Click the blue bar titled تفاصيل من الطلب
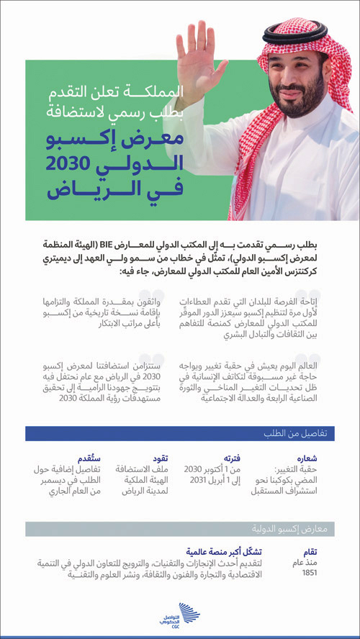tap(180, 434)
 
